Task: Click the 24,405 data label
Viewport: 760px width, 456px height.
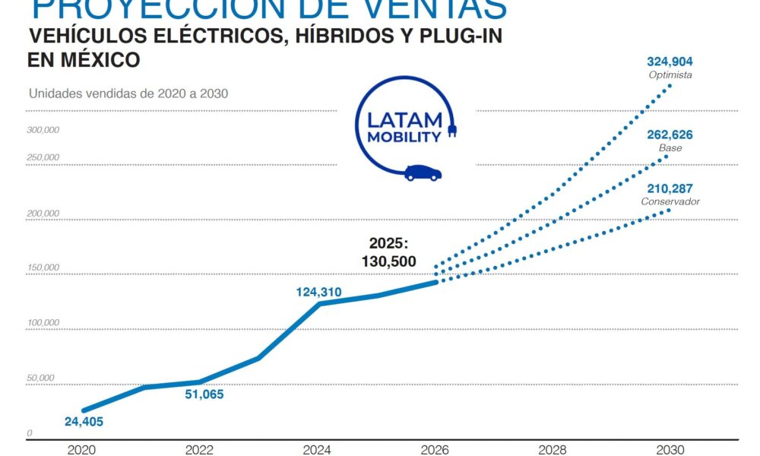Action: (84, 422)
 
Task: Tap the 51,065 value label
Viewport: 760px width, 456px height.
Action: (204, 394)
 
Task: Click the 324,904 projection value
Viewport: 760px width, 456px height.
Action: (670, 62)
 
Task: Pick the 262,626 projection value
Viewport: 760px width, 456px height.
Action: (670, 135)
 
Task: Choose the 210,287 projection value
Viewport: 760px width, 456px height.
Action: (670, 188)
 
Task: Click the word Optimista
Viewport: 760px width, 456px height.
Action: (670, 75)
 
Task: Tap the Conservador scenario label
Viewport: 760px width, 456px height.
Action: (670, 201)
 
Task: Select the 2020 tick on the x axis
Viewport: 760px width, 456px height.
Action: (81, 449)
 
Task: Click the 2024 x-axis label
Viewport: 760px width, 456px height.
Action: (317, 449)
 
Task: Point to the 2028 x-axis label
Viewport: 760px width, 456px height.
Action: (553, 449)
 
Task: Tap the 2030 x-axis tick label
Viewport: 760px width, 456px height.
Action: (670, 449)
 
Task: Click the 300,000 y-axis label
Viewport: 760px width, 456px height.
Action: (43, 130)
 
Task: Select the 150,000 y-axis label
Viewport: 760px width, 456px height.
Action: (43, 268)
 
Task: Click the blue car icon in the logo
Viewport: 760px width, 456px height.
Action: (423, 173)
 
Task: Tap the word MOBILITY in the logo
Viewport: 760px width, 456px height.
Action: (404, 138)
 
